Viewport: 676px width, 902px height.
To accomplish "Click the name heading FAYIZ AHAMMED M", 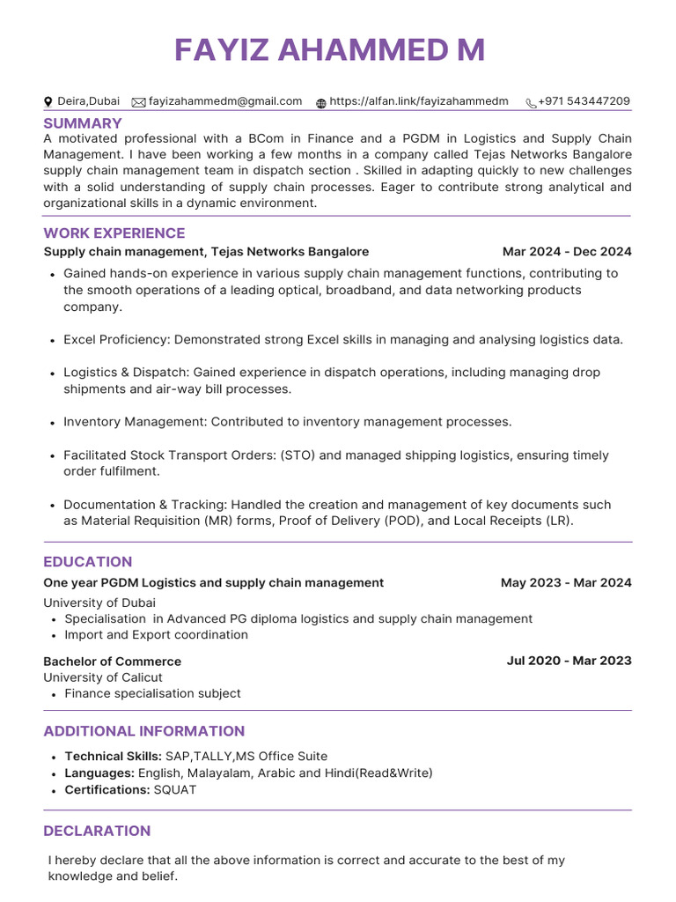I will pos(329,50).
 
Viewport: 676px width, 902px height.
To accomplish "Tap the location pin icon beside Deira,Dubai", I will pos(48,103).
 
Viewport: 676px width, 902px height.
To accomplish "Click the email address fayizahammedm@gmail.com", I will pos(225,102).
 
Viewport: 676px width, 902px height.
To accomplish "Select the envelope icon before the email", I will pos(138,103).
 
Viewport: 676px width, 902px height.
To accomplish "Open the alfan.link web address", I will pos(419,102).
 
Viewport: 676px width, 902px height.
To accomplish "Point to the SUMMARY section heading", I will pos(83,123).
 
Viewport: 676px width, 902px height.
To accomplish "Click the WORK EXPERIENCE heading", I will pos(114,233).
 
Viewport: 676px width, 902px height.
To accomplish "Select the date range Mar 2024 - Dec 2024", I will pos(567,252).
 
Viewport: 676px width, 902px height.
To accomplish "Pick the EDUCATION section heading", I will pos(88,562).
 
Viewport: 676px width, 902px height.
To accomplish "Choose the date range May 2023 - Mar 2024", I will pos(566,583).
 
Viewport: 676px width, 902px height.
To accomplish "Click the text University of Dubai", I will pos(99,603).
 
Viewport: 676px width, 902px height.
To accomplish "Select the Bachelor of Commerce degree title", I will pos(113,662).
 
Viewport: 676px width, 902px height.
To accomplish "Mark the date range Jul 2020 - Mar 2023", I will pos(569,662).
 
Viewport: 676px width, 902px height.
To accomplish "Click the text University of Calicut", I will pos(103,677).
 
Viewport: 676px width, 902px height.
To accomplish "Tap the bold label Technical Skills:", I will pos(113,757).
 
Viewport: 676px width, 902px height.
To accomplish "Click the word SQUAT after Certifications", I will pos(175,790).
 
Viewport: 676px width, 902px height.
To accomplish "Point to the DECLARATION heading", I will pos(97,832).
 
